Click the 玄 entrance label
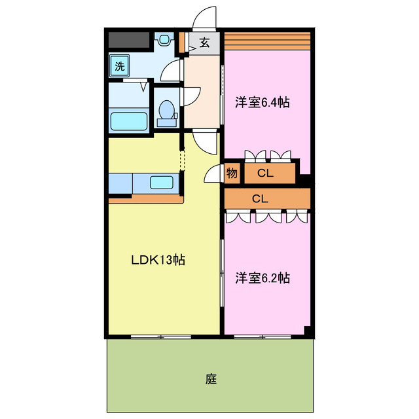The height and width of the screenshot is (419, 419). click(x=204, y=43)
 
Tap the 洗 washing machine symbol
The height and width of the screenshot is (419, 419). click(x=120, y=65)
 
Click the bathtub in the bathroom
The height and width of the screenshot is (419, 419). click(x=128, y=121)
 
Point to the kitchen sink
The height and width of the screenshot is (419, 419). click(x=162, y=183)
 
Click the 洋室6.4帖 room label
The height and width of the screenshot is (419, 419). click(x=263, y=102)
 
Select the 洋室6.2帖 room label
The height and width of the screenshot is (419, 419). click(x=263, y=278)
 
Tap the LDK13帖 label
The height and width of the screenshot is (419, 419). click(x=158, y=260)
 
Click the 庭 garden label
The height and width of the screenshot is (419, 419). click(x=210, y=378)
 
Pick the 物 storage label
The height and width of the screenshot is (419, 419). click(x=232, y=173)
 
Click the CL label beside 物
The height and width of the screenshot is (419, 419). click(x=264, y=173)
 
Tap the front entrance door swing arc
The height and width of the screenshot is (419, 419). click(x=205, y=18)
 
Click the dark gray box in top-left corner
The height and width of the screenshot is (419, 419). click(x=128, y=41)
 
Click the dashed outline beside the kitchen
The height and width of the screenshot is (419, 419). click(x=183, y=160)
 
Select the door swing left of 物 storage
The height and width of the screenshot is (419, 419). click(x=213, y=173)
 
